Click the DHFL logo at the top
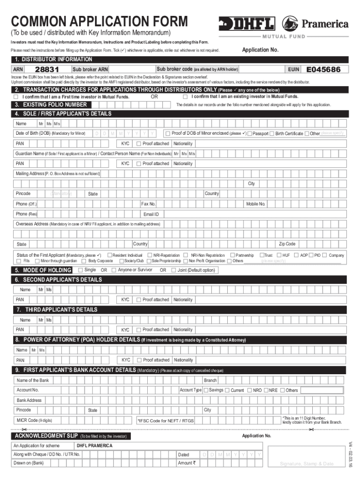[248, 23]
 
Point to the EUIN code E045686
[326, 70]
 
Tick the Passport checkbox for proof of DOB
[250, 134]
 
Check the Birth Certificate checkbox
[272, 134]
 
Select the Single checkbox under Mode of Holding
[80, 270]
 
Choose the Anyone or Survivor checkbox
[114, 270]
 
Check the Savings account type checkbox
[206, 390]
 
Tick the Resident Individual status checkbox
[109, 255]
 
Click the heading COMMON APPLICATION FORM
[100, 22]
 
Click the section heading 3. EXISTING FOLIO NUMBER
[50, 105]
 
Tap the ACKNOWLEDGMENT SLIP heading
[46, 436]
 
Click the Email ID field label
[151, 214]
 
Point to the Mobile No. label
[256, 204]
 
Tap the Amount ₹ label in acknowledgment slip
[187, 463]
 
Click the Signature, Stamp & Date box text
[306, 464]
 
